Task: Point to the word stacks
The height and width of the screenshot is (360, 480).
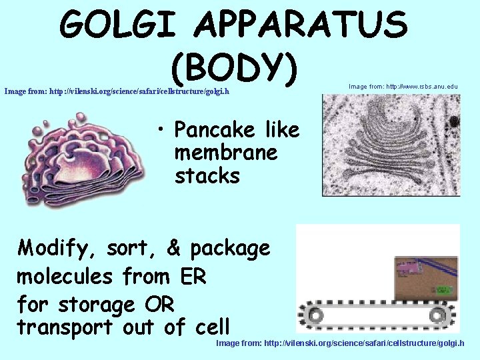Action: pyautogui.click(x=207, y=176)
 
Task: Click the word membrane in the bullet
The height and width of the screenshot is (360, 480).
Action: pyautogui.click(x=225, y=153)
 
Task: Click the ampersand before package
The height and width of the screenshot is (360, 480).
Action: pyautogui.click(x=173, y=248)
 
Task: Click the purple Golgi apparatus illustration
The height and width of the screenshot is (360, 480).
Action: pyautogui.click(x=83, y=158)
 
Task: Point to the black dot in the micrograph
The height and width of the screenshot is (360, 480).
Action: pyautogui.click(x=454, y=122)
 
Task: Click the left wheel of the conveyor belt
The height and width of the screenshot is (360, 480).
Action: pyautogui.click(x=311, y=313)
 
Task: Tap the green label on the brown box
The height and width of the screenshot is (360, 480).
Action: pyautogui.click(x=442, y=290)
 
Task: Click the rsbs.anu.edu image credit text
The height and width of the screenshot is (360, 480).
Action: pyautogui.click(x=403, y=87)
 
